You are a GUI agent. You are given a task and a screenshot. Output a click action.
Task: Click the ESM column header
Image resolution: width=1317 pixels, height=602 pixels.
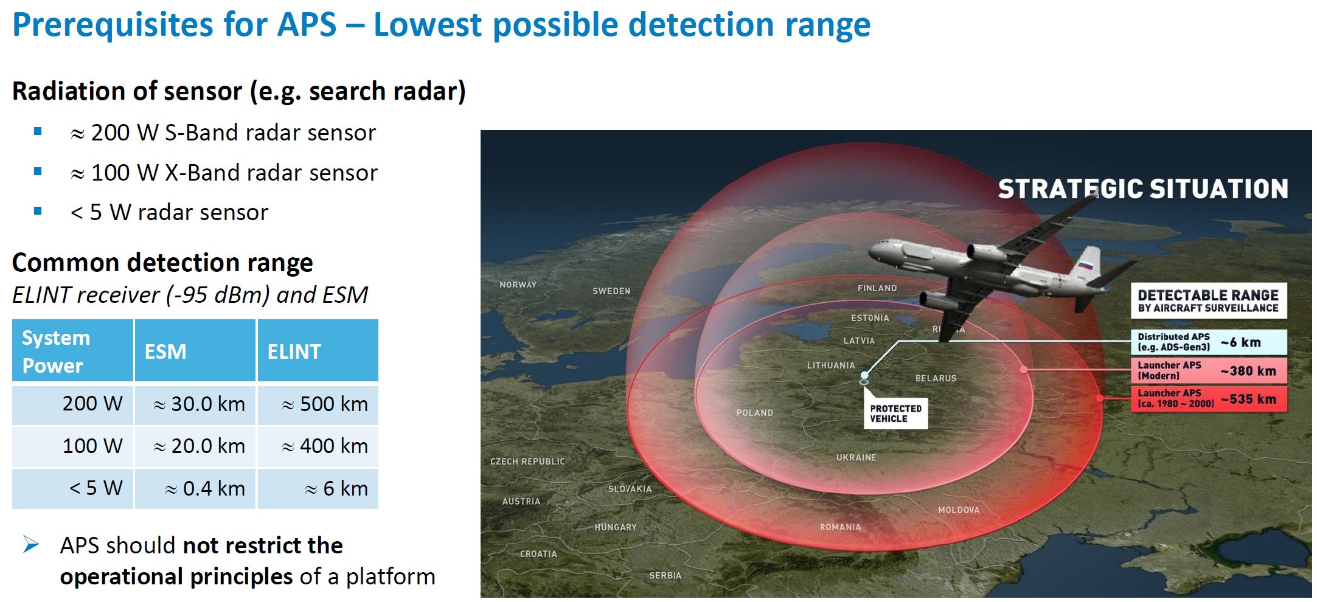coord(195,351)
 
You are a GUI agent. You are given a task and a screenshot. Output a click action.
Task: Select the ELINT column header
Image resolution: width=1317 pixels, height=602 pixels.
coord(318,351)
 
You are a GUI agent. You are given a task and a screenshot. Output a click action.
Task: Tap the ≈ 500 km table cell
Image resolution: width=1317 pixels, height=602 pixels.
coord(318,404)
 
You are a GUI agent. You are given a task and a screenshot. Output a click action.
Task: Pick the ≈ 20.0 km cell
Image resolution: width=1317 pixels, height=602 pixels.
coord(195,446)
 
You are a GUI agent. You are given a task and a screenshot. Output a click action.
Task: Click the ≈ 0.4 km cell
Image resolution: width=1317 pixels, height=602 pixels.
coord(195,488)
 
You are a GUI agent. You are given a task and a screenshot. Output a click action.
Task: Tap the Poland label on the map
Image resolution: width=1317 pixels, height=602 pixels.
coord(754,413)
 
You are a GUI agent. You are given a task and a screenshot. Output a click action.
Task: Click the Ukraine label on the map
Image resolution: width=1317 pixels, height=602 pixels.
coord(856,457)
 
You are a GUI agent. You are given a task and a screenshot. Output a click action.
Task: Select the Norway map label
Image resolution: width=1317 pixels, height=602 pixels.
coord(518,285)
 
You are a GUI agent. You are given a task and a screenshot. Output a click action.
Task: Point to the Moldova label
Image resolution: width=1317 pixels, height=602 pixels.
coord(959,510)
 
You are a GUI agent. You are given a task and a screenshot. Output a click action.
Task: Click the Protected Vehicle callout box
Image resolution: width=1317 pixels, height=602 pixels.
coord(895,413)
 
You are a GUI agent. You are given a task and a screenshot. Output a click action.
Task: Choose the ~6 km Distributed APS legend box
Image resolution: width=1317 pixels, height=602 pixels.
coord(1209,342)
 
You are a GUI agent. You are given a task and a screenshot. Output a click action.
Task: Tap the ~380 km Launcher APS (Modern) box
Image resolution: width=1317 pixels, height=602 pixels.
coord(1209,370)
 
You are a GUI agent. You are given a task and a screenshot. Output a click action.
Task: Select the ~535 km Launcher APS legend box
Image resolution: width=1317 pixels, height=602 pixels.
coord(1209,399)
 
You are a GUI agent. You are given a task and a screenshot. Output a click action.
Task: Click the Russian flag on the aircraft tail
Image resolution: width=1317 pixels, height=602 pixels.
coord(1085,265)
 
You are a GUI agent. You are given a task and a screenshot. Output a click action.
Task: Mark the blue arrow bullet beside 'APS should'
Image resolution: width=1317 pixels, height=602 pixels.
coord(31,544)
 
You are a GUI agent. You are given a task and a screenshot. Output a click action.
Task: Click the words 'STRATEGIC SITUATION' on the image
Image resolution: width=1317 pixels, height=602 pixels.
coord(1143,189)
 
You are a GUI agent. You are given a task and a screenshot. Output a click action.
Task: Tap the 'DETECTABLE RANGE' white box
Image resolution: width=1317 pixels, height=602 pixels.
coord(1209,300)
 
